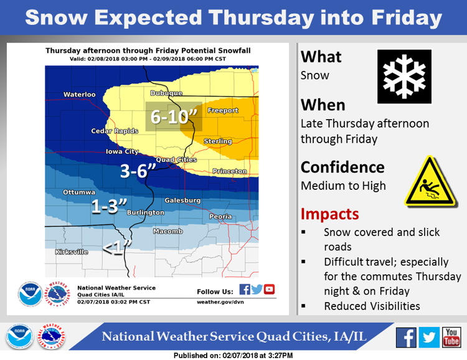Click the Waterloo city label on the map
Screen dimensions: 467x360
click(80, 95)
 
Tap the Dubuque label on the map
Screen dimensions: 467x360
click(166, 93)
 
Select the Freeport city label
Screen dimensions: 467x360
click(223, 111)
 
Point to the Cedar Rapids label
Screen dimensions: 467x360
click(115, 131)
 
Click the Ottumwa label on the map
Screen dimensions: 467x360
click(79, 192)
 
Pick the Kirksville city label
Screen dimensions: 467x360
click(72, 252)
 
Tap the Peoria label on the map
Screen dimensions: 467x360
click(220, 217)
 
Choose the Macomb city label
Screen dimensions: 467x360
click(168, 231)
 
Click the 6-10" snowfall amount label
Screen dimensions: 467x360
click(174, 116)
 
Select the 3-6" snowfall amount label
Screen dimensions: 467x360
click(138, 171)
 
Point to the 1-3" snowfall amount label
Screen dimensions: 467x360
click(109, 206)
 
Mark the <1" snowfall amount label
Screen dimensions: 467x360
click(117, 247)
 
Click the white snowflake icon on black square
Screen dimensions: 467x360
click(404, 77)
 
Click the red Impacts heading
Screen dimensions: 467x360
click(329, 215)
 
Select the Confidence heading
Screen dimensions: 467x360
click(342, 167)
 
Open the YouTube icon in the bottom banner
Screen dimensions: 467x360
click(451, 338)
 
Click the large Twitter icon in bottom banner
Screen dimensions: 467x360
click(429, 338)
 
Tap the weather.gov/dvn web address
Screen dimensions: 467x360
click(220, 302)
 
